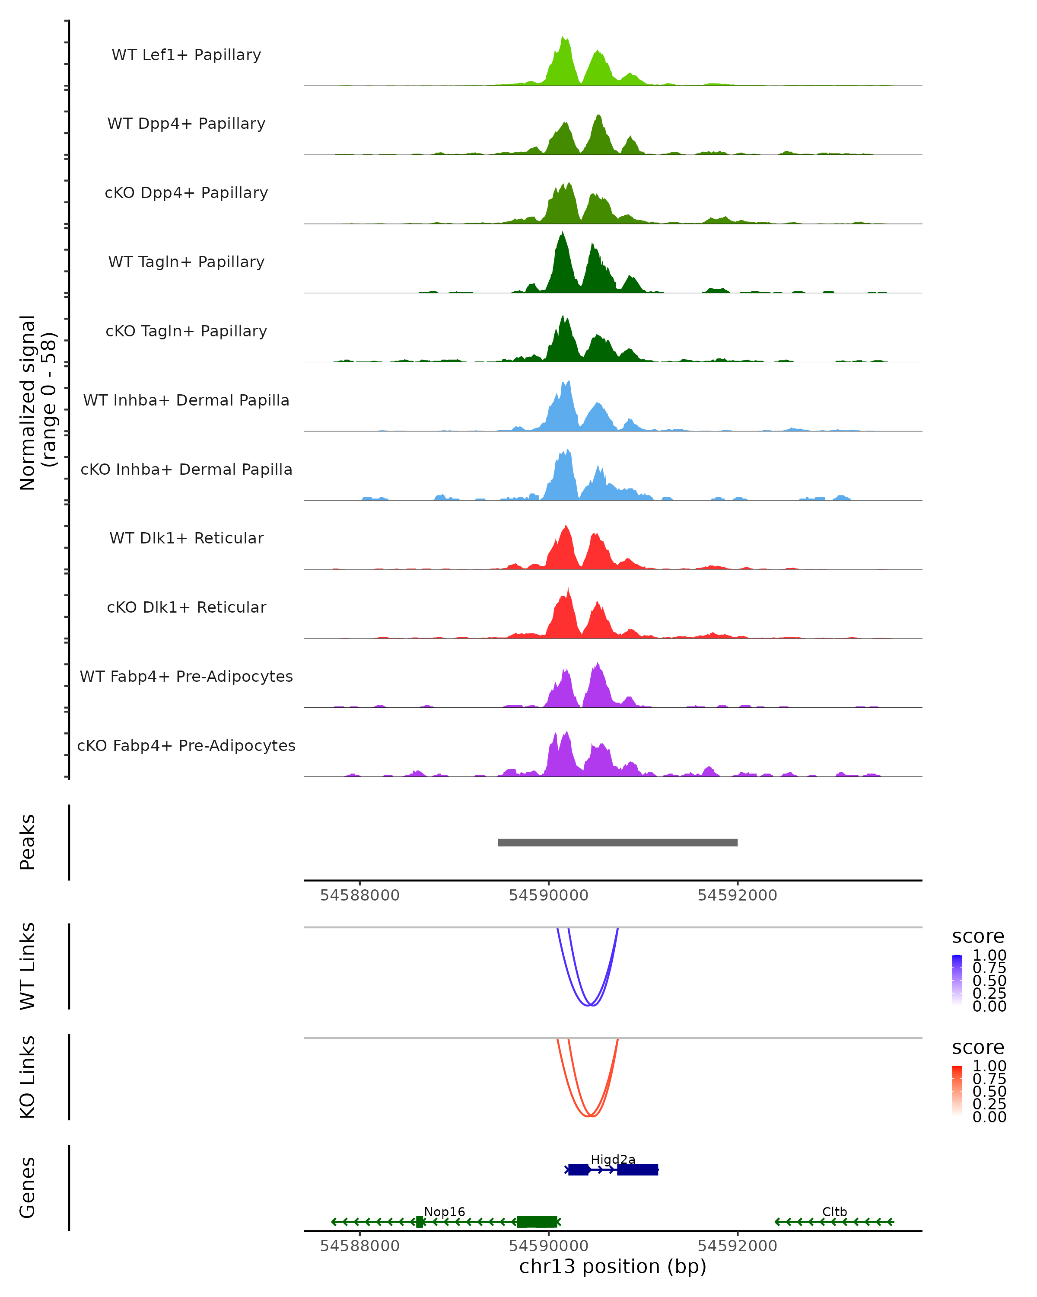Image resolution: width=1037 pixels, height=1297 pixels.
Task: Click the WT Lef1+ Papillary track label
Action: click(x=186, y=55)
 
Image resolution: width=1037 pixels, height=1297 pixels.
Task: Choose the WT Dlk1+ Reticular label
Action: click(x=186, y=538)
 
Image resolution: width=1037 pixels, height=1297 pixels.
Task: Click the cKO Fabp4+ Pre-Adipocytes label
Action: click(x=186, y=745)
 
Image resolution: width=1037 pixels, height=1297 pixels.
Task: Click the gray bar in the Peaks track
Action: click(x=617, y=842)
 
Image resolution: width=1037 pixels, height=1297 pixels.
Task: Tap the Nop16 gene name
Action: click(x=444, y=1211)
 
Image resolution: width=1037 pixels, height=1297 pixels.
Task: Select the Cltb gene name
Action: click(x=834, y=1211)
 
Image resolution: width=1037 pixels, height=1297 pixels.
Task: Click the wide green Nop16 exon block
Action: click(x=537, y=1222)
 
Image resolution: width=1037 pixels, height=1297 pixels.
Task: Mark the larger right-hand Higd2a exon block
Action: click(x=637, y=1169)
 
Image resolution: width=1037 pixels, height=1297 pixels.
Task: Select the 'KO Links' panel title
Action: click(x=28, y=1077)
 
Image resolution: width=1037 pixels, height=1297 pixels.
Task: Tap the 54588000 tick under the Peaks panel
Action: click(x=359, y=895)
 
